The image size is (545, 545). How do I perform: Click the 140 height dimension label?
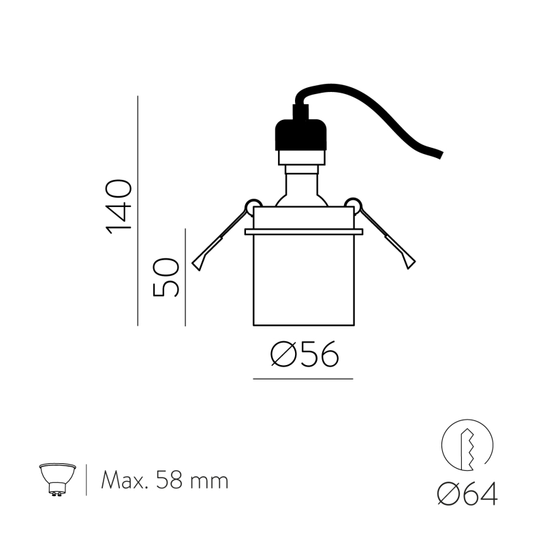119,206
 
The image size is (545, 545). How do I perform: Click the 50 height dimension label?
166,277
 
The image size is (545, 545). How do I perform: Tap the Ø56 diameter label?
305,354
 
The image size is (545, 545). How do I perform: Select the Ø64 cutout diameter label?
467,493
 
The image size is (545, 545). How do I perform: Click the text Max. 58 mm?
164,480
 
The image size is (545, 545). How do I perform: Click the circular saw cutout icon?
467,445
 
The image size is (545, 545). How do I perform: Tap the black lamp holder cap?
301,135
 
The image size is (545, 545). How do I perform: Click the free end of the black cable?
441,155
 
